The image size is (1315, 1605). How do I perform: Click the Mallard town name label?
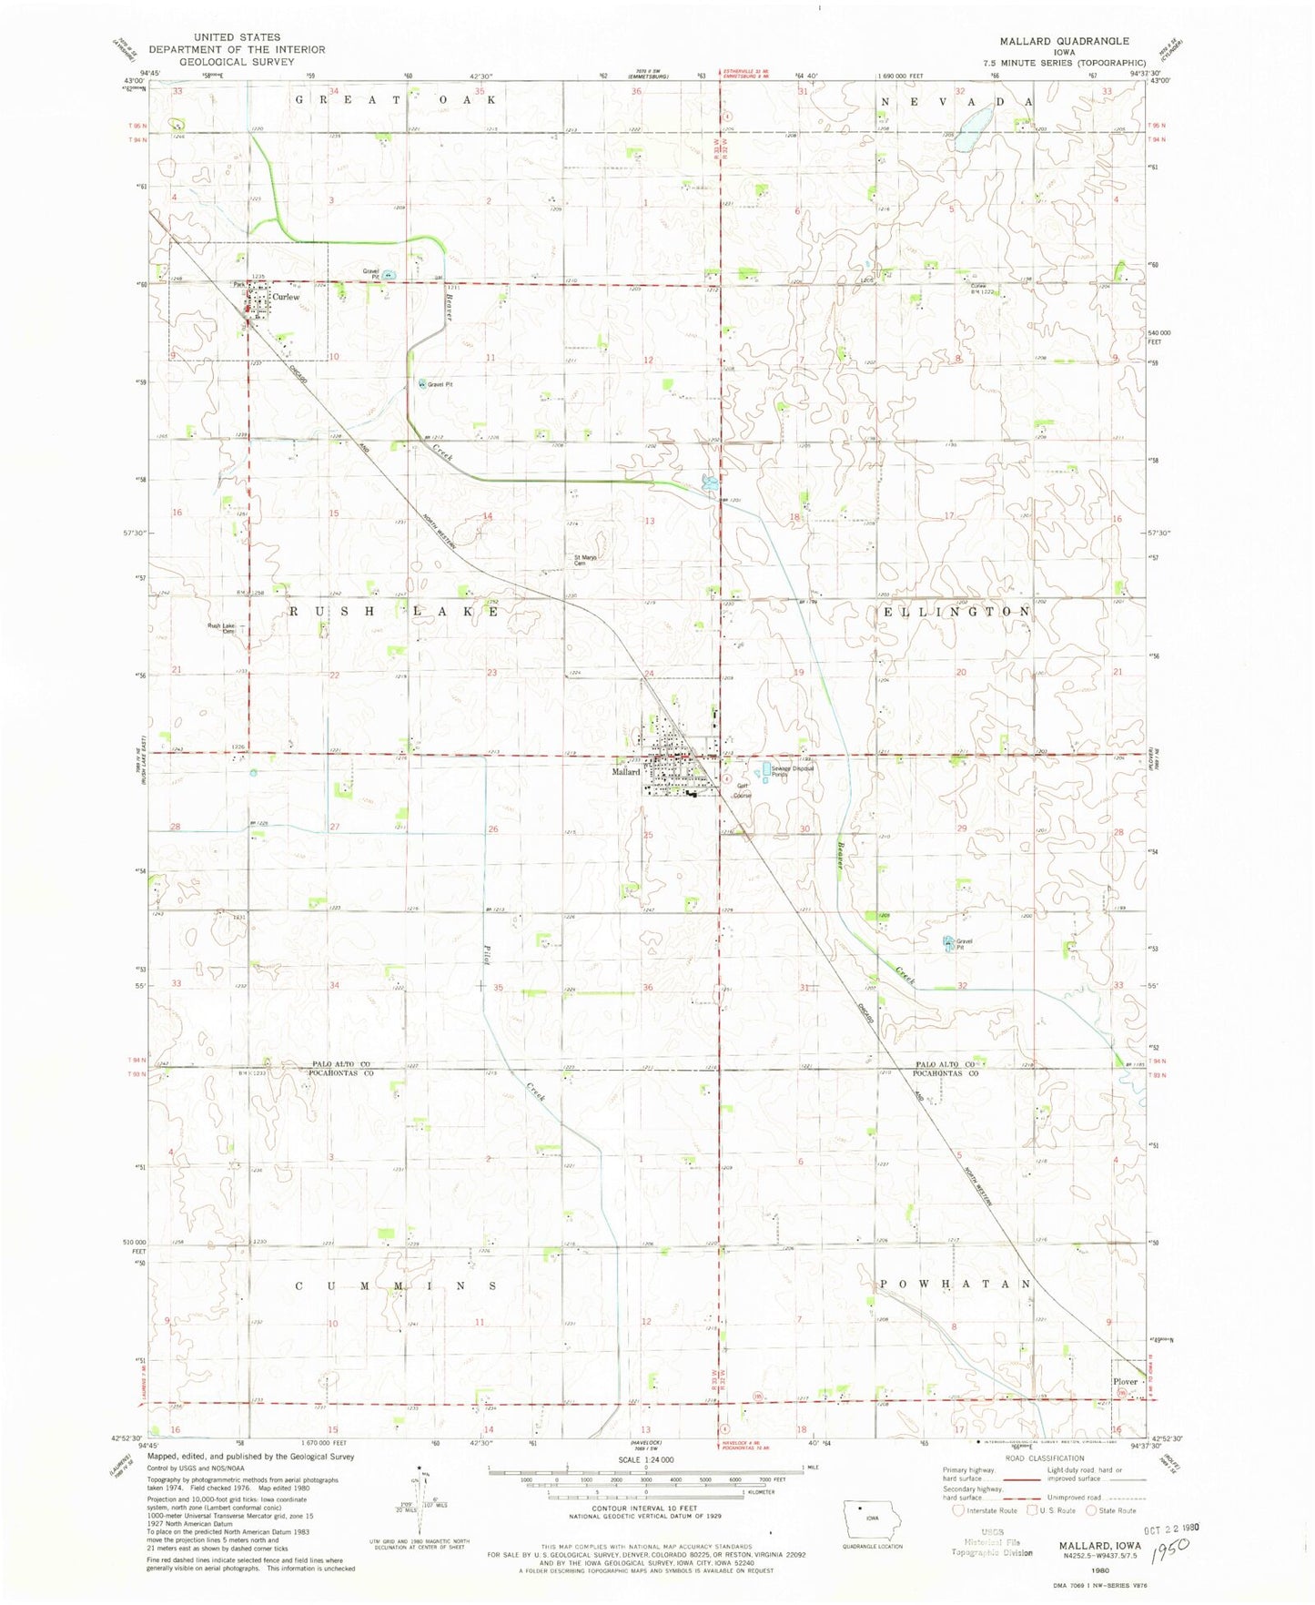click(x=626, y=771)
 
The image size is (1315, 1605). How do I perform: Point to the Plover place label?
click(x=1125, y=1381)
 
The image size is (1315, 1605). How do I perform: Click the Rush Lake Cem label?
click(x=222, y=627)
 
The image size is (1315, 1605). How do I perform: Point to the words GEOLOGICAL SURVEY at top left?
click(x=237, y=62)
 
